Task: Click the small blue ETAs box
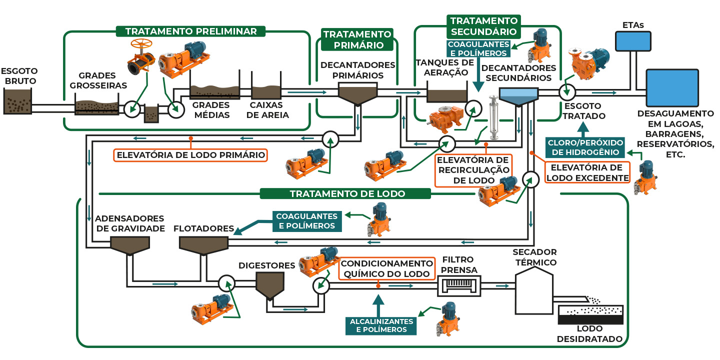pos(633,41)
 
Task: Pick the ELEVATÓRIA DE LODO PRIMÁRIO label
pos(190,154)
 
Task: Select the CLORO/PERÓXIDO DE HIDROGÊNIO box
pos(583,147)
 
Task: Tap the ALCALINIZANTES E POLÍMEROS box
pos(381,325)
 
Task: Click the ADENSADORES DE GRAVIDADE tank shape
pos(130,244)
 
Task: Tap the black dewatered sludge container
pos(590,314)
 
